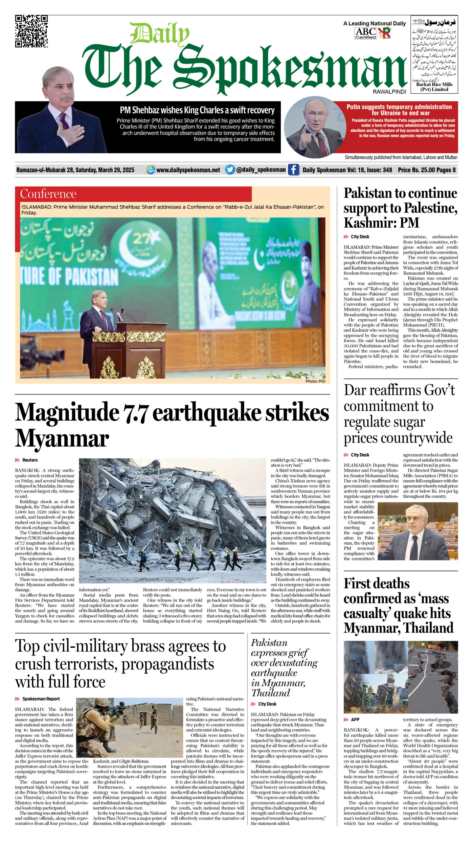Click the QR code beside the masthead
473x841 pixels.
32,31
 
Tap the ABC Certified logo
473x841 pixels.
365,33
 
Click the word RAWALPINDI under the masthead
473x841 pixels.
389,92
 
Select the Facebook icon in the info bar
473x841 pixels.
293,170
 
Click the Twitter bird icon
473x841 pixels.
230,170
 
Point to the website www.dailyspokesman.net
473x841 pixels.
188,170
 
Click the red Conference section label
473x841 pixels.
48,194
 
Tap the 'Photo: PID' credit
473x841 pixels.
315,381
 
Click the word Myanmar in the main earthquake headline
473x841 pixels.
62,439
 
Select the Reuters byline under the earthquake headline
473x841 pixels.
30,460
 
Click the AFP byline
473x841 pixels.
355,719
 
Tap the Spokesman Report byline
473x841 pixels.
41,698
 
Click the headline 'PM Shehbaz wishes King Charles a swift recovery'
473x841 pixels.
197,110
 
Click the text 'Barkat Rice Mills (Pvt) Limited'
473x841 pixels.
434,87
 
